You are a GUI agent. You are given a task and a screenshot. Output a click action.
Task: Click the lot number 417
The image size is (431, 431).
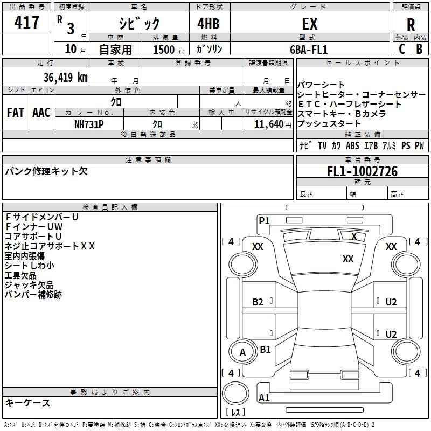click(x=26, y=23)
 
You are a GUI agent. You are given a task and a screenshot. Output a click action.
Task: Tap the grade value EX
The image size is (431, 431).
click(x=310, y=24)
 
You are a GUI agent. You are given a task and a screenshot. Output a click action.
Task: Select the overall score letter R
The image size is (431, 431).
click(x=411, y=25)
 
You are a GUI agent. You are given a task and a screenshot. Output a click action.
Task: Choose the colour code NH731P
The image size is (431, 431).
click(x=89, y=123)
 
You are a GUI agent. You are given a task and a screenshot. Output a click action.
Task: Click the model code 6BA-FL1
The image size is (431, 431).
click(x=309, y=49)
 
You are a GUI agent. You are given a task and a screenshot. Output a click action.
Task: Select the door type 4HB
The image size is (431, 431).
click(x=207, y=24)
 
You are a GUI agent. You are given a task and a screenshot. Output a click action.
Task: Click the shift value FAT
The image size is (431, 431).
click(x=15, y=113)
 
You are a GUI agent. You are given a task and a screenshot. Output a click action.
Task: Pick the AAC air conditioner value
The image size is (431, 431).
click(x=41, y=113)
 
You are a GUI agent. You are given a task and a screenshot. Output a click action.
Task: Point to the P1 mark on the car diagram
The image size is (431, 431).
click(x=264, y=220)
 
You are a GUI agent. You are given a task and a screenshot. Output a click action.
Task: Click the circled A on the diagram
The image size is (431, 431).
click(x=242, y=352)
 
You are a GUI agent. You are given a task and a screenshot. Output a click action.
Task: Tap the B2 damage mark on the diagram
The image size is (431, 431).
click(x=258, y=302)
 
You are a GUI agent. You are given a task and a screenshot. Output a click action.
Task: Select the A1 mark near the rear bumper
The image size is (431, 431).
click(x=264, y=398)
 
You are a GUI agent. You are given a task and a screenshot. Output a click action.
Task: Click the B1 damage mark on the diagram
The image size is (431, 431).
click(x=265, y=349)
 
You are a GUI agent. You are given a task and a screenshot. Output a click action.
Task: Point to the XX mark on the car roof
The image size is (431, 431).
click(x=348, y=259)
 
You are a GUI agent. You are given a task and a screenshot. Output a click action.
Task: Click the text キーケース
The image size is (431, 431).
click(x=27, y=402)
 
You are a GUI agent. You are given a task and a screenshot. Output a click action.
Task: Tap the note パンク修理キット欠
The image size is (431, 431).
click(x=46, y=171)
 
